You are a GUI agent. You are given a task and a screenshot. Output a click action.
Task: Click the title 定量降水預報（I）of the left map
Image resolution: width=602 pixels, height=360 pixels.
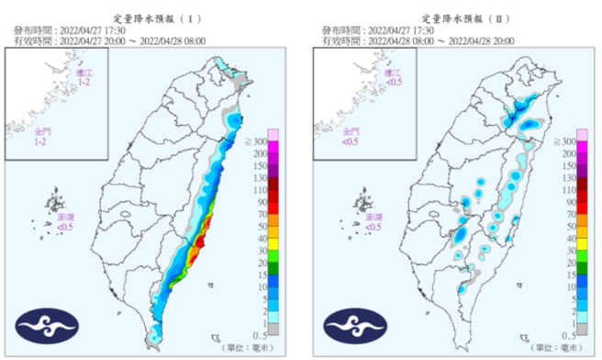coord(150,17)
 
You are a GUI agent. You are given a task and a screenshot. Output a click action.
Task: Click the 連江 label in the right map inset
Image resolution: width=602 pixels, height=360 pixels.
coord(392,72)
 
